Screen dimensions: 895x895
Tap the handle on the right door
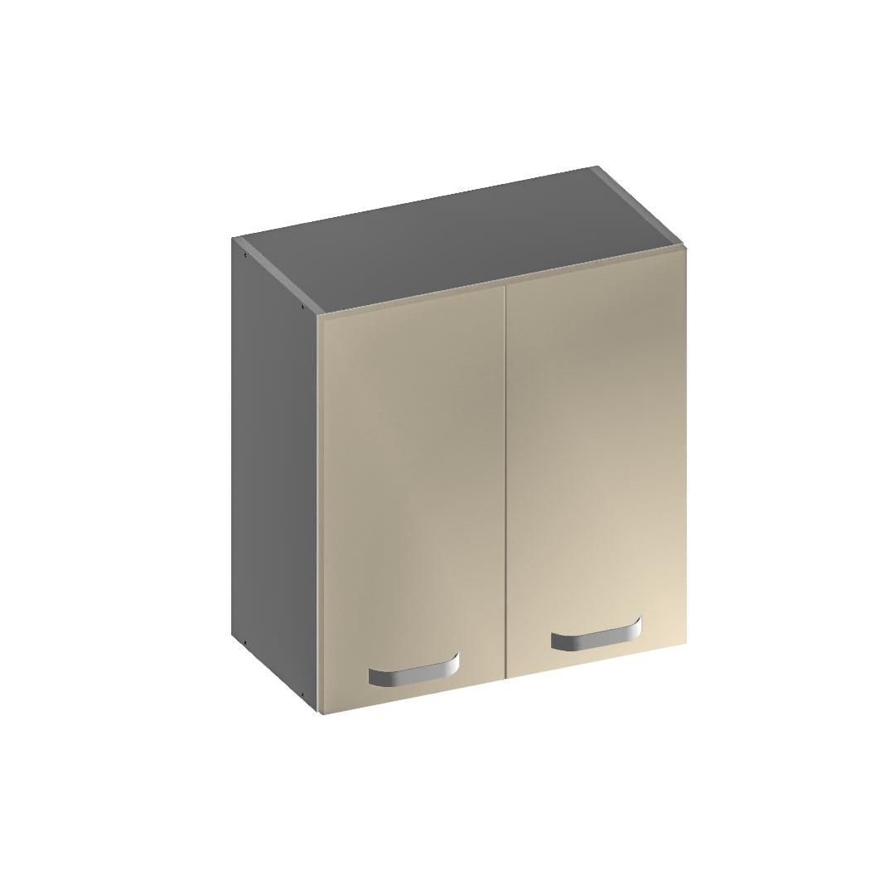tap(596, 634)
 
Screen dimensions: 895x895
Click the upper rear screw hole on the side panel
tap(246, 255)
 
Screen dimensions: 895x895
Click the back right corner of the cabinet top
tap(597, 167)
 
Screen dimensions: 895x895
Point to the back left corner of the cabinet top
tap(235, 239)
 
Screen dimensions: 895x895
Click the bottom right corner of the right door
tap(685, 644)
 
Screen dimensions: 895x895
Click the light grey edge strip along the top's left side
tap(278, 276)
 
